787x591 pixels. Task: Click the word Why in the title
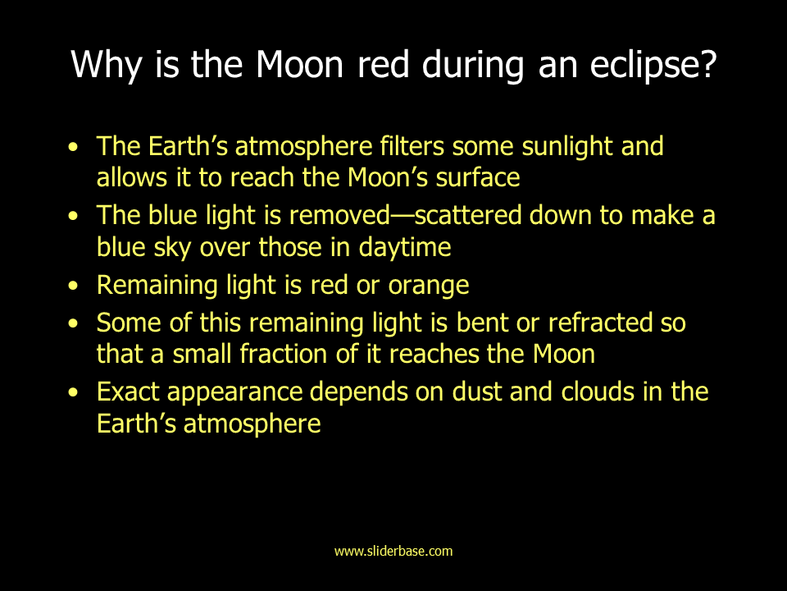[107, 65]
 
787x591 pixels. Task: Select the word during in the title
[473, 65]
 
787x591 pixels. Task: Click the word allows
[131, 178]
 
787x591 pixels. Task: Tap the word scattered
[468, 215]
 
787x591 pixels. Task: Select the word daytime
[404, 247]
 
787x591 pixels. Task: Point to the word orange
[428, 285]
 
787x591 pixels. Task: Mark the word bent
[482, 322]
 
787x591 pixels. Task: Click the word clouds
[598, 392]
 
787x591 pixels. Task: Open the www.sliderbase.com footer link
[393, 551]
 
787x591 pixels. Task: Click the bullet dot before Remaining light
[73, 286]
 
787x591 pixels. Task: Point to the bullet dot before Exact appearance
[73, 392]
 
